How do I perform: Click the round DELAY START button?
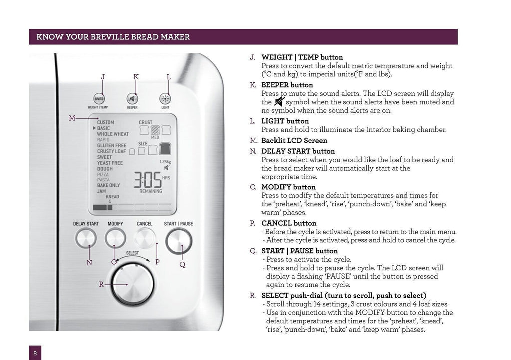coord(86,239)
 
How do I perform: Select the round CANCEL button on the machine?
coord(145,238)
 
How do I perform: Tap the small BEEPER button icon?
coord(132,98)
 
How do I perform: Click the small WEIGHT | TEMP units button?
coord(98,98)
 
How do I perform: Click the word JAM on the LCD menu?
coord(102,191)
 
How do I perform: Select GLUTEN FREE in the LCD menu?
coord(111,146)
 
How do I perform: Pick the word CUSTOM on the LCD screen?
coord(105,122)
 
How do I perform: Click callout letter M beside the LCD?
coord(72,118)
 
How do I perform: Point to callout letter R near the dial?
coord(101,284)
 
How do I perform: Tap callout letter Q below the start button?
coord(182,265)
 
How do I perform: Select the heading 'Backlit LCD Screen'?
coord(294,141)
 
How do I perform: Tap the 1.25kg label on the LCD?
coord(165,162)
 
